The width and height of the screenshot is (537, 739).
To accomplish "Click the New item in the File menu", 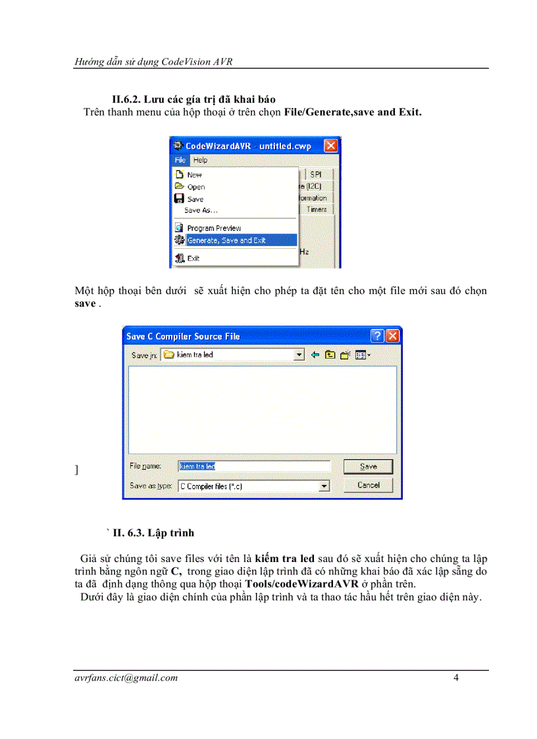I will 194,175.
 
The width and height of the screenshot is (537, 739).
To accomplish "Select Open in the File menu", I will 195,187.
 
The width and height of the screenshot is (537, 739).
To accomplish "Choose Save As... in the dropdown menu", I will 201,211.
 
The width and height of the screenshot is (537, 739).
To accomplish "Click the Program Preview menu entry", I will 214,228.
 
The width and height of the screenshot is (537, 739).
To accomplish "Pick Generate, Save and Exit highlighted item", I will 226,241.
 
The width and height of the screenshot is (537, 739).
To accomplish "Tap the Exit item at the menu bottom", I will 193,259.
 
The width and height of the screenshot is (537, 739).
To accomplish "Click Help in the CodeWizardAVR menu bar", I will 201,160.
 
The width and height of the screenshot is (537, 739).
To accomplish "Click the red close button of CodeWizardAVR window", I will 331,146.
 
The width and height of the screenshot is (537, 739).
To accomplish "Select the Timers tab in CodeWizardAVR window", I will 317,209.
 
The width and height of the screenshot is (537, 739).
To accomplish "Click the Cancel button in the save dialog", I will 368,485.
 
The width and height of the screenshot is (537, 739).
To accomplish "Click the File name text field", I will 254,466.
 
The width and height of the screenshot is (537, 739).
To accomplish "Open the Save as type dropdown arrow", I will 324,486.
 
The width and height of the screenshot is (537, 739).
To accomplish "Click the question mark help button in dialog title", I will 377,336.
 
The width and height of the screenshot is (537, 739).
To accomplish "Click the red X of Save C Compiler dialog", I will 393,336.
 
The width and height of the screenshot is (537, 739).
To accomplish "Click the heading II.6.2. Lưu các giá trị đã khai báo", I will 193,99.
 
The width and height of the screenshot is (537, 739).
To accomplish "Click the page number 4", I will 456,678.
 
